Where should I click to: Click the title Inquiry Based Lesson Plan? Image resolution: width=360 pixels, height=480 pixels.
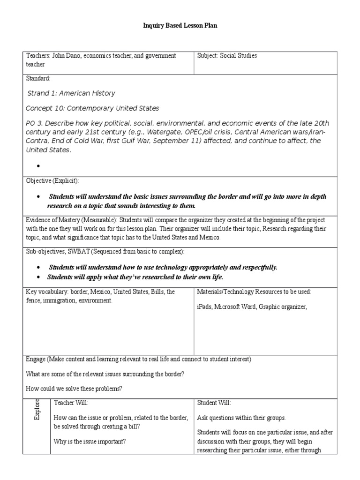coord(180,26)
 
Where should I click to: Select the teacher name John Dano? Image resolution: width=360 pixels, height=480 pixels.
coord(65,56)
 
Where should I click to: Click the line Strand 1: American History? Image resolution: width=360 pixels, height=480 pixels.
coord(71,93)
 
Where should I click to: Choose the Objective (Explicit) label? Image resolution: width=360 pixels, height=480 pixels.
coord(52,180)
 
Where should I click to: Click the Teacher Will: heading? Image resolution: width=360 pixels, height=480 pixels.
coord(71,403)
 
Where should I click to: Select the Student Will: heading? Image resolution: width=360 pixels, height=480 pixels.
coord(214,403)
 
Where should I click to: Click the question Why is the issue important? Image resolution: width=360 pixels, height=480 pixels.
coord(90,442)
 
